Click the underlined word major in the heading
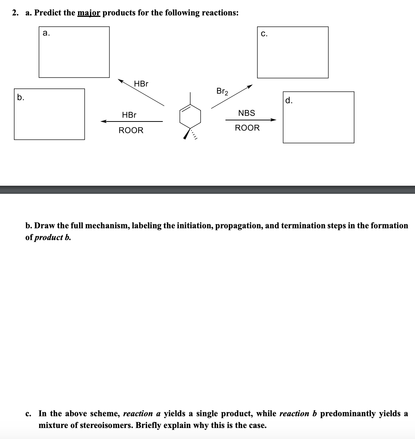tap(89, 13)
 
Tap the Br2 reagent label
tap(222, 91)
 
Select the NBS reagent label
tap(246, 113)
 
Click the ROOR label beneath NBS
tap(247, 128)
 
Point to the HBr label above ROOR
tap(129, 115)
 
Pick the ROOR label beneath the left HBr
tap(131, 130)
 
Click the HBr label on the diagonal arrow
tap(141, 84)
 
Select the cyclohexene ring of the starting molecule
tap(190, 117)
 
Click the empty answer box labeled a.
tap(74, 52)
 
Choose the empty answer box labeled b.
tap(49, 114)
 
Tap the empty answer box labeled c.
tap(293, 52)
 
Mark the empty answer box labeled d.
tap(318, 117)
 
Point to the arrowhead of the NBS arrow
tap(273, 120)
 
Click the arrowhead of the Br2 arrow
tap(250, 87)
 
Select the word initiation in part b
tap(195, 226)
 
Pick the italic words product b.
tap(52, 237)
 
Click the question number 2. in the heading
tap(15, 13)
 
